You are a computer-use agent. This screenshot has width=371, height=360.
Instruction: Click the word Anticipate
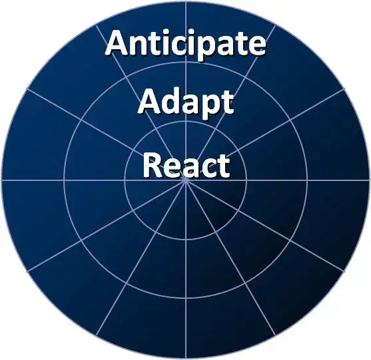pyautogui.click(x=185, y=44)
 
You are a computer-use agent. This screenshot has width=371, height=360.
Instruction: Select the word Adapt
pyautogui.click(x=186, y=103)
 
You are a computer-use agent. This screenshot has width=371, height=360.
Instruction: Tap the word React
pyautogui.click(x=186, y=164)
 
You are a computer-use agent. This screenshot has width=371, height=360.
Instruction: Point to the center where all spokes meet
pyautogui.click(x=186, y=180)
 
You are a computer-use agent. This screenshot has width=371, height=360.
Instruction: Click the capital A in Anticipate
pyautogui.click(x=118, y=43)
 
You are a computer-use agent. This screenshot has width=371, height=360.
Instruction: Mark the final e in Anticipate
pyautogui.click(x=256, y=45)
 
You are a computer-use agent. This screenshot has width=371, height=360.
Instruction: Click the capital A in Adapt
pyautogui.click(x=151, y=101)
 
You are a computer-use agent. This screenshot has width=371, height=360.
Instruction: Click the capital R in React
pyautogui.click(x=152, y=164)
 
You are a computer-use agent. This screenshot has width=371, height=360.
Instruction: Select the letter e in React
pyautogui.click(x=172, y=168)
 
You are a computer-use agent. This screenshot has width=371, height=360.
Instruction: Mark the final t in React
pyautogui.click(x=224, y=166)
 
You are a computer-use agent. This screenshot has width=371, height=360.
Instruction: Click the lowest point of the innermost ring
pyautogui.click(x=186, y=240)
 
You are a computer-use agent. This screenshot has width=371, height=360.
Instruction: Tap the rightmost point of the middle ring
pyautogui.click(x=307, y=180)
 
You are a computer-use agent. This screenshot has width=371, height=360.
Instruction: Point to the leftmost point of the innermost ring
pyautogui.click(x=125, y=180)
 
